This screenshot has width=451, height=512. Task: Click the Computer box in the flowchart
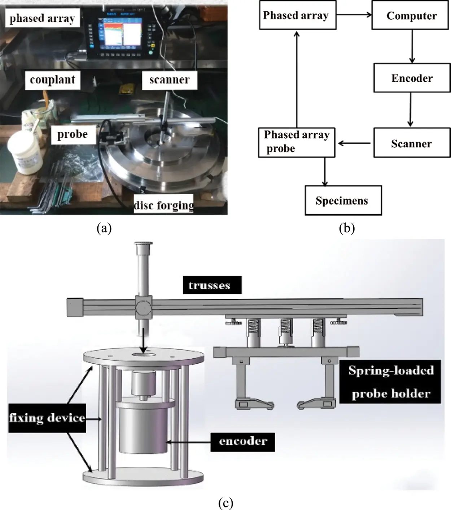411,15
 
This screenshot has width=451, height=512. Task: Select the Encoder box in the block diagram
412,78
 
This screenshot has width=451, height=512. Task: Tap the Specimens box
343,200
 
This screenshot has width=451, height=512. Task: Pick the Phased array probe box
297,142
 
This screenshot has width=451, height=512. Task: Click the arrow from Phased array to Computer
354,15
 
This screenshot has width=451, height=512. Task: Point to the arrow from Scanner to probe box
354,143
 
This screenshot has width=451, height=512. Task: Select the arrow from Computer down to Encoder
412,46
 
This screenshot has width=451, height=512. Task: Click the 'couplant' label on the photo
53,80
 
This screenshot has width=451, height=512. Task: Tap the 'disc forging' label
163,205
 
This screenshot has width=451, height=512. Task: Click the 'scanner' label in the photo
169,80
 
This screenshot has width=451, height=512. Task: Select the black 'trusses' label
212,285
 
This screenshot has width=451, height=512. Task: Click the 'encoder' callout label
243,441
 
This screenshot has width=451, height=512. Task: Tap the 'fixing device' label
47,418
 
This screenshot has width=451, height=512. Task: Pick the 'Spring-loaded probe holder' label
390,382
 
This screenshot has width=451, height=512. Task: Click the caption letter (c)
225,502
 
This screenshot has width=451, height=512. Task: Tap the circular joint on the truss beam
144,307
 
